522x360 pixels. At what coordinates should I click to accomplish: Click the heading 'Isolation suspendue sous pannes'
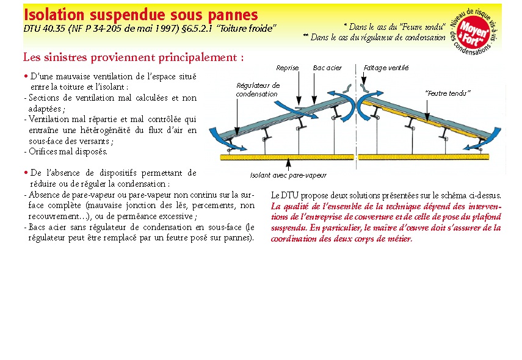(x=140, y=14)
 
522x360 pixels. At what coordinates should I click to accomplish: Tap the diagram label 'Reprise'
(x=287, y=68)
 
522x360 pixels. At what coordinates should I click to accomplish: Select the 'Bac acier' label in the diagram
(x=327, y=68)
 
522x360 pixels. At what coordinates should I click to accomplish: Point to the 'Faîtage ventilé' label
(x=386, y=68)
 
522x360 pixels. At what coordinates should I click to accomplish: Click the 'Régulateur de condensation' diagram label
(x=258, y=90)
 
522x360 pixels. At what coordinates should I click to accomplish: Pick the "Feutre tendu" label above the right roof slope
(x=448, y=93)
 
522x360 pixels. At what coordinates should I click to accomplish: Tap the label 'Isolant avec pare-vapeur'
(x=288, y=175)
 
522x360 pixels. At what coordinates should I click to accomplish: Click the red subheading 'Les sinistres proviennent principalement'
(x=133, y=57)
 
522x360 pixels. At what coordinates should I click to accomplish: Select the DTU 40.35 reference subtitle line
(x=150, y=28)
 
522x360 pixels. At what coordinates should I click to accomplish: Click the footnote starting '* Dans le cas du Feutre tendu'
(x=394, y=27)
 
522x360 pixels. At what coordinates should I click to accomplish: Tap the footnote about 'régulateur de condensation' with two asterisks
(x=374, y=37)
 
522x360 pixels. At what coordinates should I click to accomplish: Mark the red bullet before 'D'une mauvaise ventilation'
(x=26, y=76)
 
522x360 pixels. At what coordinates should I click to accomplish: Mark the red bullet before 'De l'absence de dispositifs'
(x=26, y=173)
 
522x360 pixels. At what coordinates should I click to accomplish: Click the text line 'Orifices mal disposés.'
(x=68, y=151)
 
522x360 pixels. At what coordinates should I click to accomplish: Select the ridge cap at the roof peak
(x=354, y=92)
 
